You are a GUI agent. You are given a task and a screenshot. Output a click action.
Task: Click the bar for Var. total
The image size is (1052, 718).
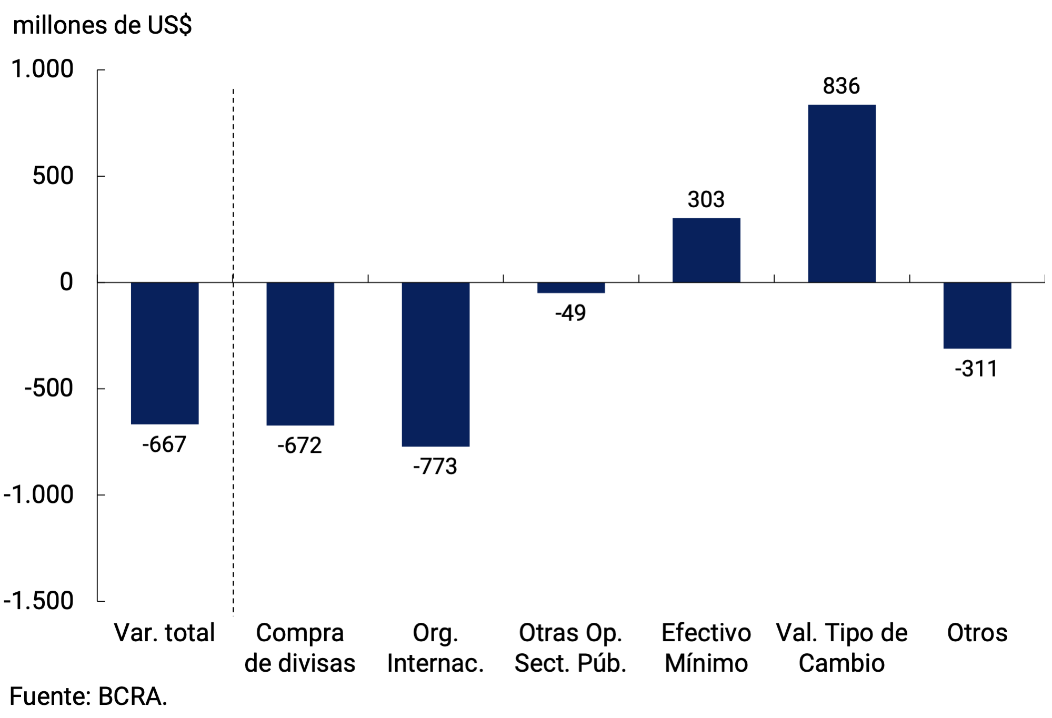[x=165, y=353]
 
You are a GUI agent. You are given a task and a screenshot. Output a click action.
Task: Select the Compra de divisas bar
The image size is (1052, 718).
[x=300, y=353]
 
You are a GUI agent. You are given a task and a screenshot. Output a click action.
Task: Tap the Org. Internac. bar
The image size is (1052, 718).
[x=435, y=364]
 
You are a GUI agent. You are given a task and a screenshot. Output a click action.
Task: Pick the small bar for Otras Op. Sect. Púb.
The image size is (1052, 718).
[x=570, y=288]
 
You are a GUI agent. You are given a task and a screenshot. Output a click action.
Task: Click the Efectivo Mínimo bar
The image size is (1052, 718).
[x=706, y=250]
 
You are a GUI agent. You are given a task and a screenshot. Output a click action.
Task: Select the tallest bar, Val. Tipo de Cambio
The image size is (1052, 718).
[x=841, y=194]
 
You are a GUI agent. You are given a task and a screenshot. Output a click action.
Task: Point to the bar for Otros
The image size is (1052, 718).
[x=977, y=315]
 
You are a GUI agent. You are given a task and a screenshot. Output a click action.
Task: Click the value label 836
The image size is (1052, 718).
[x=841, y=86]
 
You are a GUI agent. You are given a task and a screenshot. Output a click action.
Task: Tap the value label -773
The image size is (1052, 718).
[x=435, y=467]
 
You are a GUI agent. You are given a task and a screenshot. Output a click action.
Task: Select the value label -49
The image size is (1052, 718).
[x=570, y=313]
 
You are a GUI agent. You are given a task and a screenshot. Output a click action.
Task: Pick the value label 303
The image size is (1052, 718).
[x=706, y=200]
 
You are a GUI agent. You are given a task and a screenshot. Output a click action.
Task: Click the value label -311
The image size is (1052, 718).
[x=976, y=369]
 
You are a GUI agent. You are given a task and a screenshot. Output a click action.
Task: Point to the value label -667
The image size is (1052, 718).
[x=164, y=444]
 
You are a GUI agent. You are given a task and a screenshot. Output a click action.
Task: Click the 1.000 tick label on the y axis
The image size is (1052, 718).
[x=42, y=69]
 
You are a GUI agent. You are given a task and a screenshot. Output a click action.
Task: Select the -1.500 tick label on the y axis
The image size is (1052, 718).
[x=38, y=601]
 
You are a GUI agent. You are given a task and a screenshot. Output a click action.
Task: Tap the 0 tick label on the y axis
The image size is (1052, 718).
[x=66, y=282]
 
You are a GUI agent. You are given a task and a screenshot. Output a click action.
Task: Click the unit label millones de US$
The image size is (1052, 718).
[x=102, y=25]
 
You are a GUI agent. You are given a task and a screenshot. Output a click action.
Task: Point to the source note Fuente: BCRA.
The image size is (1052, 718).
[x=88, y=696]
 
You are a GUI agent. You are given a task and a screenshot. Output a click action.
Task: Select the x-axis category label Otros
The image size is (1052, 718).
[x=977, y=633]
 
